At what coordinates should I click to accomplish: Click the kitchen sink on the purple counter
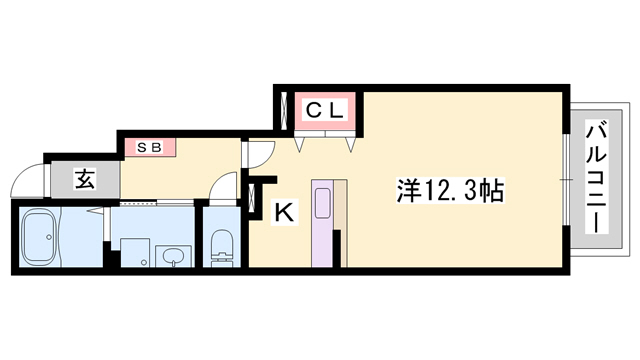[x=322, y=206]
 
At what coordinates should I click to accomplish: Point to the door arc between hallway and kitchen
[x=258, y=153]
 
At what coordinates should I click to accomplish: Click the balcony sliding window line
[x=566, y=181]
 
